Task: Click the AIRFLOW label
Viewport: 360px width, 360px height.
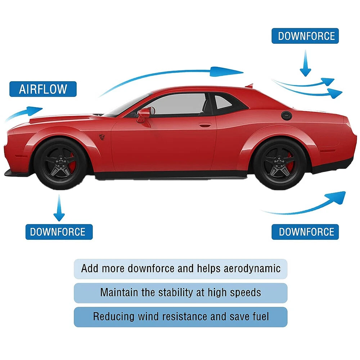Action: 43,89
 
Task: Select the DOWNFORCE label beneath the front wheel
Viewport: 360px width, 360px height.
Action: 59,232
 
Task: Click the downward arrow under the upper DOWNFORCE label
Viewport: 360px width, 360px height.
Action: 305,63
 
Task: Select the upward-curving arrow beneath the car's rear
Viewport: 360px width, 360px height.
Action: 306,205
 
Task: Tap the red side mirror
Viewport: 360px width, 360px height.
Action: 144,114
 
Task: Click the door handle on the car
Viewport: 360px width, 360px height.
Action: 205,125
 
